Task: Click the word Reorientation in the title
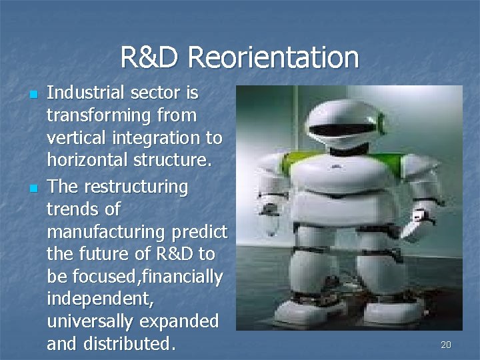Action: tap(273, 57)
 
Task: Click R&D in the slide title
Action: tap(151, 57)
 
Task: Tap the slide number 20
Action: tap(446, 345)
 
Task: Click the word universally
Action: tap(90, 321)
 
